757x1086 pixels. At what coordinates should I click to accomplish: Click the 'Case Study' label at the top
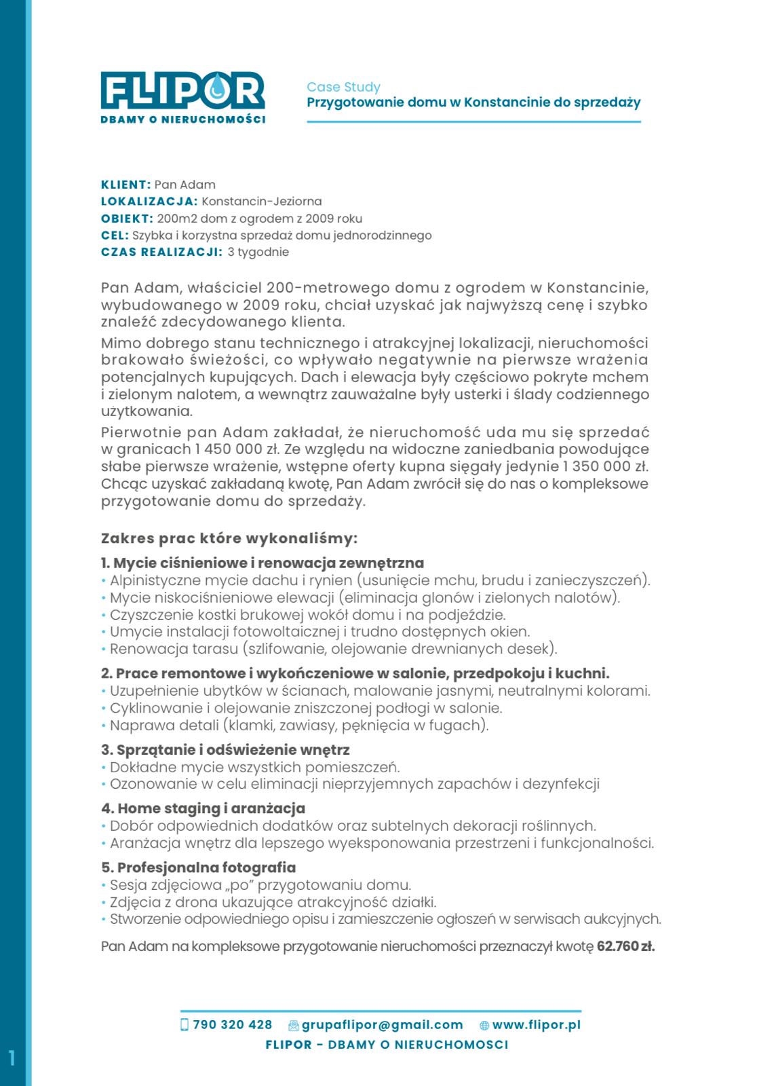point(343,87)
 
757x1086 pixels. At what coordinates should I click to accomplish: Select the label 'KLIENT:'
point(125,185)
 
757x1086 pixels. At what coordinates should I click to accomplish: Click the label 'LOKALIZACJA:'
point(149,202)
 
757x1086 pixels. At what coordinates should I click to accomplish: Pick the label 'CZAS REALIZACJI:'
point(161,252)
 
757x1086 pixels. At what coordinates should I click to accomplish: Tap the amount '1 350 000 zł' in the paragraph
point(600,467)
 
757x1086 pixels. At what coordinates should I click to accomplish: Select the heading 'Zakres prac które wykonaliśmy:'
point(229,539)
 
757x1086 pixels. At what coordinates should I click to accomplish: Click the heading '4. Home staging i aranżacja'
point(203,808)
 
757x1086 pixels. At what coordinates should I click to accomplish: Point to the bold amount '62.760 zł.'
point(625,946)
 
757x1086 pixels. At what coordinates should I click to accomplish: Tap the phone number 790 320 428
point(232,1025)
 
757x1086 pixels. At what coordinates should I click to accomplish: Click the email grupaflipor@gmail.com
point(382,1025)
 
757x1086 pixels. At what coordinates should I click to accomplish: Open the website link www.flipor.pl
point(537,1025)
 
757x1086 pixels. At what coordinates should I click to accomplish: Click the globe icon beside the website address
point(484,1026)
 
